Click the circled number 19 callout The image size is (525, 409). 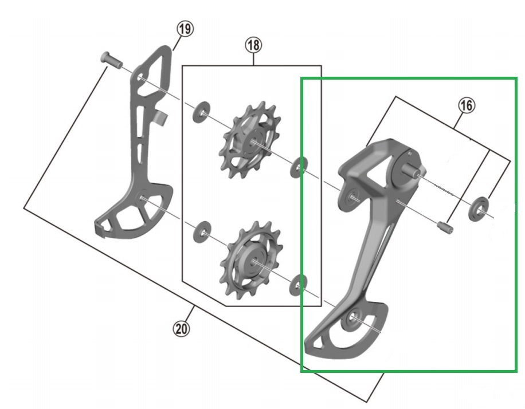click(185, 29)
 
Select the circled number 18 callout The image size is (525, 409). click(253, 45)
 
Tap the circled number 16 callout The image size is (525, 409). click(467, 106)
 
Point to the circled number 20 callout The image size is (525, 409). click(181, 329)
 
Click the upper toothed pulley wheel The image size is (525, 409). click(249, 141)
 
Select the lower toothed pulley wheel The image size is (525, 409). click(252, 261)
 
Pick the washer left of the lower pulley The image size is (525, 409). click(202, 232)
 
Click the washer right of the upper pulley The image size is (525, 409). click(299, 167)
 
